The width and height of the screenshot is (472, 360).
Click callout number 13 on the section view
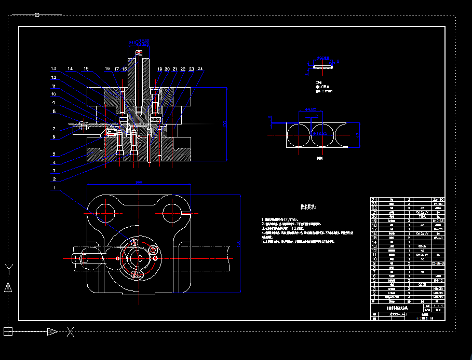[x=53, y=68]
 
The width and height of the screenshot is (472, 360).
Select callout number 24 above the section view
[x=200, y=68]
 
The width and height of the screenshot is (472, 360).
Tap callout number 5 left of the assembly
[x=53, y=154]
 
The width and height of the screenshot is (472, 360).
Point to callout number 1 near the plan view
[x=53, y=189]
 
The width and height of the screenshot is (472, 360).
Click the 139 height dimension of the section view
[x=225, y=124]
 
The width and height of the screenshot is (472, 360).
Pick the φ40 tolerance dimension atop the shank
[x=139, y=41]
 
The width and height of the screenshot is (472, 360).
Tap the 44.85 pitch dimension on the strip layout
[x=311, y=109]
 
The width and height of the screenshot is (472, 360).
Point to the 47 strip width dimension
[x=358, y=135]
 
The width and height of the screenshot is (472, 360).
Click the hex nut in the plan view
[x=153, y=251]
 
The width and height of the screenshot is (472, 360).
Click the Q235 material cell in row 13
[x=422, y=246]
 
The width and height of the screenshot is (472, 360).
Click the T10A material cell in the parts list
[x=422, y=216]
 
